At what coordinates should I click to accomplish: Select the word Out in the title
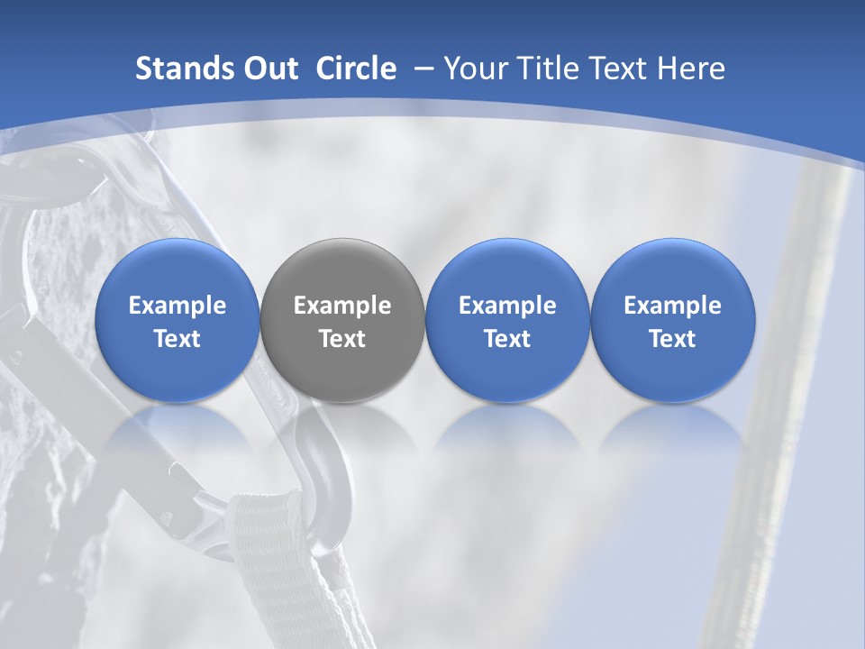click(269, 69)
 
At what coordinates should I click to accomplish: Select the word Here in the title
click(690, 69)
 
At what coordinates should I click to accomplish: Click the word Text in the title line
click(619, 69)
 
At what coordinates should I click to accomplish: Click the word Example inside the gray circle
click(342, 306)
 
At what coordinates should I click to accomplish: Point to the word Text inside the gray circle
click(342, 339)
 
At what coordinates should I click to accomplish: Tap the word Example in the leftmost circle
click(177, 306)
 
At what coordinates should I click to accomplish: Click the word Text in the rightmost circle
click(672, 339)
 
